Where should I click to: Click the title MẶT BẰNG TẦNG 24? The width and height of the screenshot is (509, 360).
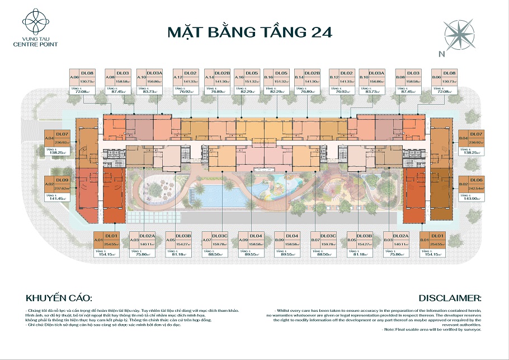pyautogui.click(x=249, y=32)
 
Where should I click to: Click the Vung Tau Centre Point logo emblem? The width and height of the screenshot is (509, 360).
pyautogui.click(x=37, y=21)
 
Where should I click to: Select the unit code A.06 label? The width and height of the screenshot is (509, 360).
pyautogui.click(x=73, y=78)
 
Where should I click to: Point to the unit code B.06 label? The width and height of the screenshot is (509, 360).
pyautogui.click(x=436, y=78)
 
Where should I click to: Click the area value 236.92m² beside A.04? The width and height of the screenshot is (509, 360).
pyautogui.click(x=62, y=142)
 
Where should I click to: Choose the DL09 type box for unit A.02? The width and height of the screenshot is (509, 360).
pyautogui.click(x=62, y=180)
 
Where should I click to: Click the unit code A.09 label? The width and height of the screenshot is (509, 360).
pyautogui.click(x=243, y=240)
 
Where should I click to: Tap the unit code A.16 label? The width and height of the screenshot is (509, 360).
pyautogui.click(x=239, y=78)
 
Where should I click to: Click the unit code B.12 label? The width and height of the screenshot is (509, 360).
pyautogui.click(x=334, y=78)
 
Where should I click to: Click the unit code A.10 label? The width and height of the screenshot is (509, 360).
pyautogui.click(x=142, y=78)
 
